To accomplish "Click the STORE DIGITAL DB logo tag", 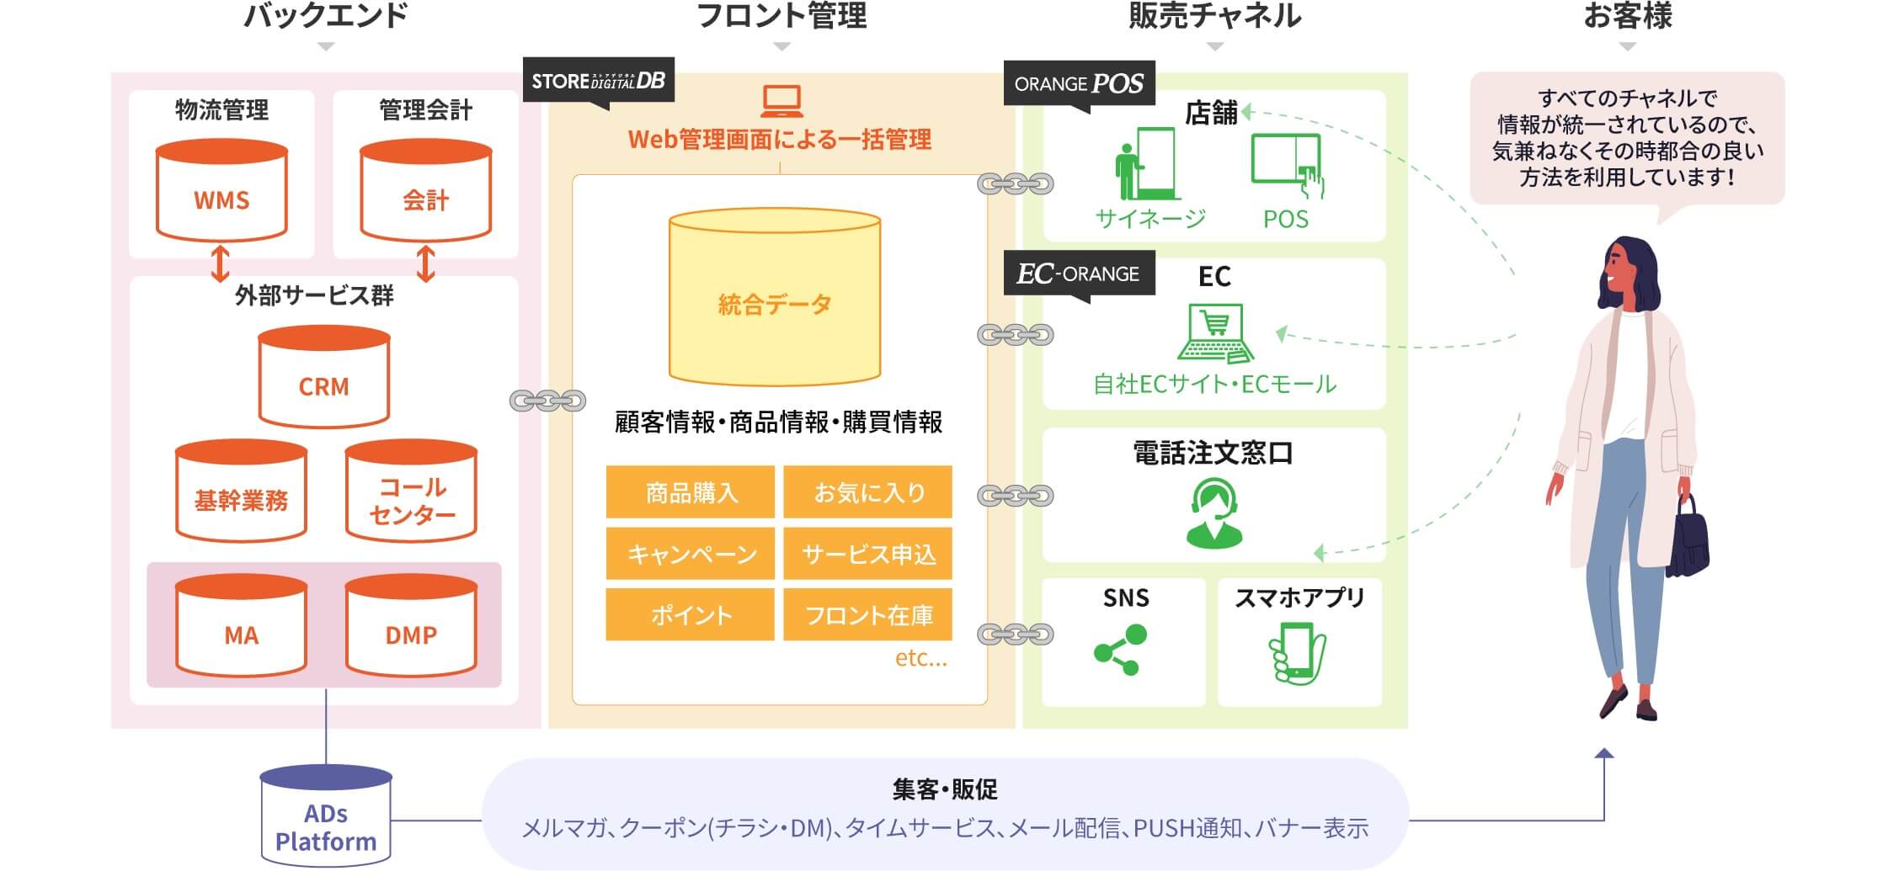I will pos(598,81).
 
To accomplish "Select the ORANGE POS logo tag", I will pos(1079,83).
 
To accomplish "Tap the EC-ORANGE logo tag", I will pos(1079,274).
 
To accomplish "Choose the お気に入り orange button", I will pos(867,492).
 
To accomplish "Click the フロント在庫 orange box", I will pos(867,615).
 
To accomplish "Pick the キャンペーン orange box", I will pos(690,554).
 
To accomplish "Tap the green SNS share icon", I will pos(1121,649).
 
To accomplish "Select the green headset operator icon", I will pos(1214,513).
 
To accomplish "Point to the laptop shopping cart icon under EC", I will pos(1214,333).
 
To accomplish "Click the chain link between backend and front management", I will pos(547,401).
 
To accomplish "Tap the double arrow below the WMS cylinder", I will pos(220,263).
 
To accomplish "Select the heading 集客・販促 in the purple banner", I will pos(944,789).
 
